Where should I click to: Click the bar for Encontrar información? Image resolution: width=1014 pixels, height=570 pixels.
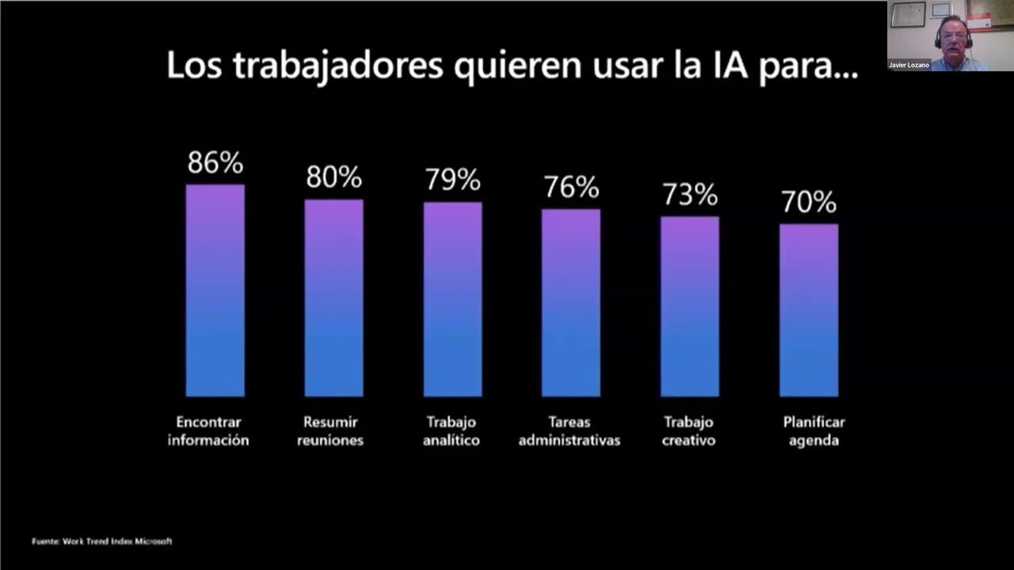(215, 291)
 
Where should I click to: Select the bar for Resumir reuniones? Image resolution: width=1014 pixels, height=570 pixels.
(334, 298)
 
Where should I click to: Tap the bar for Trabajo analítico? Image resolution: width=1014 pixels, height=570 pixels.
(452, 299)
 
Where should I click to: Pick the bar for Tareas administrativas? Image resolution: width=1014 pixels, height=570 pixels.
(570, 302)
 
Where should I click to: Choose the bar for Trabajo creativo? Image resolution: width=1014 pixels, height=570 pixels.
(689, 306)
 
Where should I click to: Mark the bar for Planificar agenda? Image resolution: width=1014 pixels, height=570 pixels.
(808, 310)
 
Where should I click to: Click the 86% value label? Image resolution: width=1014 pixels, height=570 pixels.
(215, 163)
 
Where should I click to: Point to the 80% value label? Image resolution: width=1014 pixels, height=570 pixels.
(334, 177)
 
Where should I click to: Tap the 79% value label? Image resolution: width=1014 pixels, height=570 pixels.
(452, 180)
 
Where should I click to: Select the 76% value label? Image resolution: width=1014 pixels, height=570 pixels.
(570, 188)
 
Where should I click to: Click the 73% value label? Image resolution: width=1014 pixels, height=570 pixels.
(689, 195)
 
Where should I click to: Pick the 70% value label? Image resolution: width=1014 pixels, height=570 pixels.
(808, 203)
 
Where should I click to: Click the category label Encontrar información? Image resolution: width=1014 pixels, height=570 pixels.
(208, 431)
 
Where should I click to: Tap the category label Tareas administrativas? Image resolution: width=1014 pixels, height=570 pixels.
(569, 431)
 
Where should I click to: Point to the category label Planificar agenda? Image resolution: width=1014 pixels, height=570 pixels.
(814, 431)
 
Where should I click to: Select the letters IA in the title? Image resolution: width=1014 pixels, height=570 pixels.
(722, 66)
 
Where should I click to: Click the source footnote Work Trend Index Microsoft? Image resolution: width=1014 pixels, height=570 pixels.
(101, 541)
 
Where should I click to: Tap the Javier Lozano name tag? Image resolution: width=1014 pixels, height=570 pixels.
(909, 65)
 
